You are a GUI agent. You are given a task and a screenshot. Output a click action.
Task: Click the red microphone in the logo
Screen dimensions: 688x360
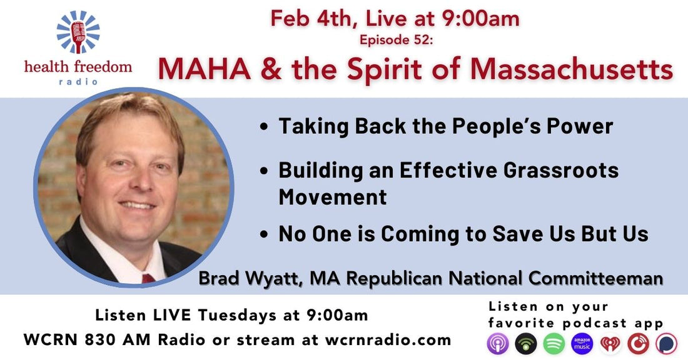78,36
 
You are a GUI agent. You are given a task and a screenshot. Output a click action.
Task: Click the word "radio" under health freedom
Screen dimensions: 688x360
78,81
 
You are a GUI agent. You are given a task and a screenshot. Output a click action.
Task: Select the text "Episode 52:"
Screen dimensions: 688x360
396,40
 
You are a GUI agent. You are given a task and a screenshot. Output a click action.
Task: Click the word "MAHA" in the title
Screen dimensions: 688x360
205,68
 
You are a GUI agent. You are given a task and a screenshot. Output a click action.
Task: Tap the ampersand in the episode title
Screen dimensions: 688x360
271,68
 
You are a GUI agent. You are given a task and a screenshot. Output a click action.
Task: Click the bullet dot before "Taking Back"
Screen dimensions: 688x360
264,127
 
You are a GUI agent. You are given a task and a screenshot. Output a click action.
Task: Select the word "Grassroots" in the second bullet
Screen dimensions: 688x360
560,170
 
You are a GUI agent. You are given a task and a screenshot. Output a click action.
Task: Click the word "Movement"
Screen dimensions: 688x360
333,197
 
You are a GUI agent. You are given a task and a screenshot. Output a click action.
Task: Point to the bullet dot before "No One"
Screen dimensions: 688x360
264,234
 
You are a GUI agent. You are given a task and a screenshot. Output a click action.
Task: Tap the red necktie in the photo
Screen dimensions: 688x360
148,278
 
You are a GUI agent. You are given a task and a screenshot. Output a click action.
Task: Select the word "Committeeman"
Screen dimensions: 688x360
595,279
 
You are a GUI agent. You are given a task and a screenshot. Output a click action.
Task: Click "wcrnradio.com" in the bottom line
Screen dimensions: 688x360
388,340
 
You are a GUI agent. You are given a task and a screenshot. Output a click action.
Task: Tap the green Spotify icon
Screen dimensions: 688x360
554,344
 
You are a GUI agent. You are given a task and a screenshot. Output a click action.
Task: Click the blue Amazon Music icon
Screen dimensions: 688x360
582,344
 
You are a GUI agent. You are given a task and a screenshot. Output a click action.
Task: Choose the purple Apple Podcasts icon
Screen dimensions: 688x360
498,344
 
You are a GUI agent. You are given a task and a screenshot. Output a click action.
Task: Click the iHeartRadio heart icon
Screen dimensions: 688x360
610,344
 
